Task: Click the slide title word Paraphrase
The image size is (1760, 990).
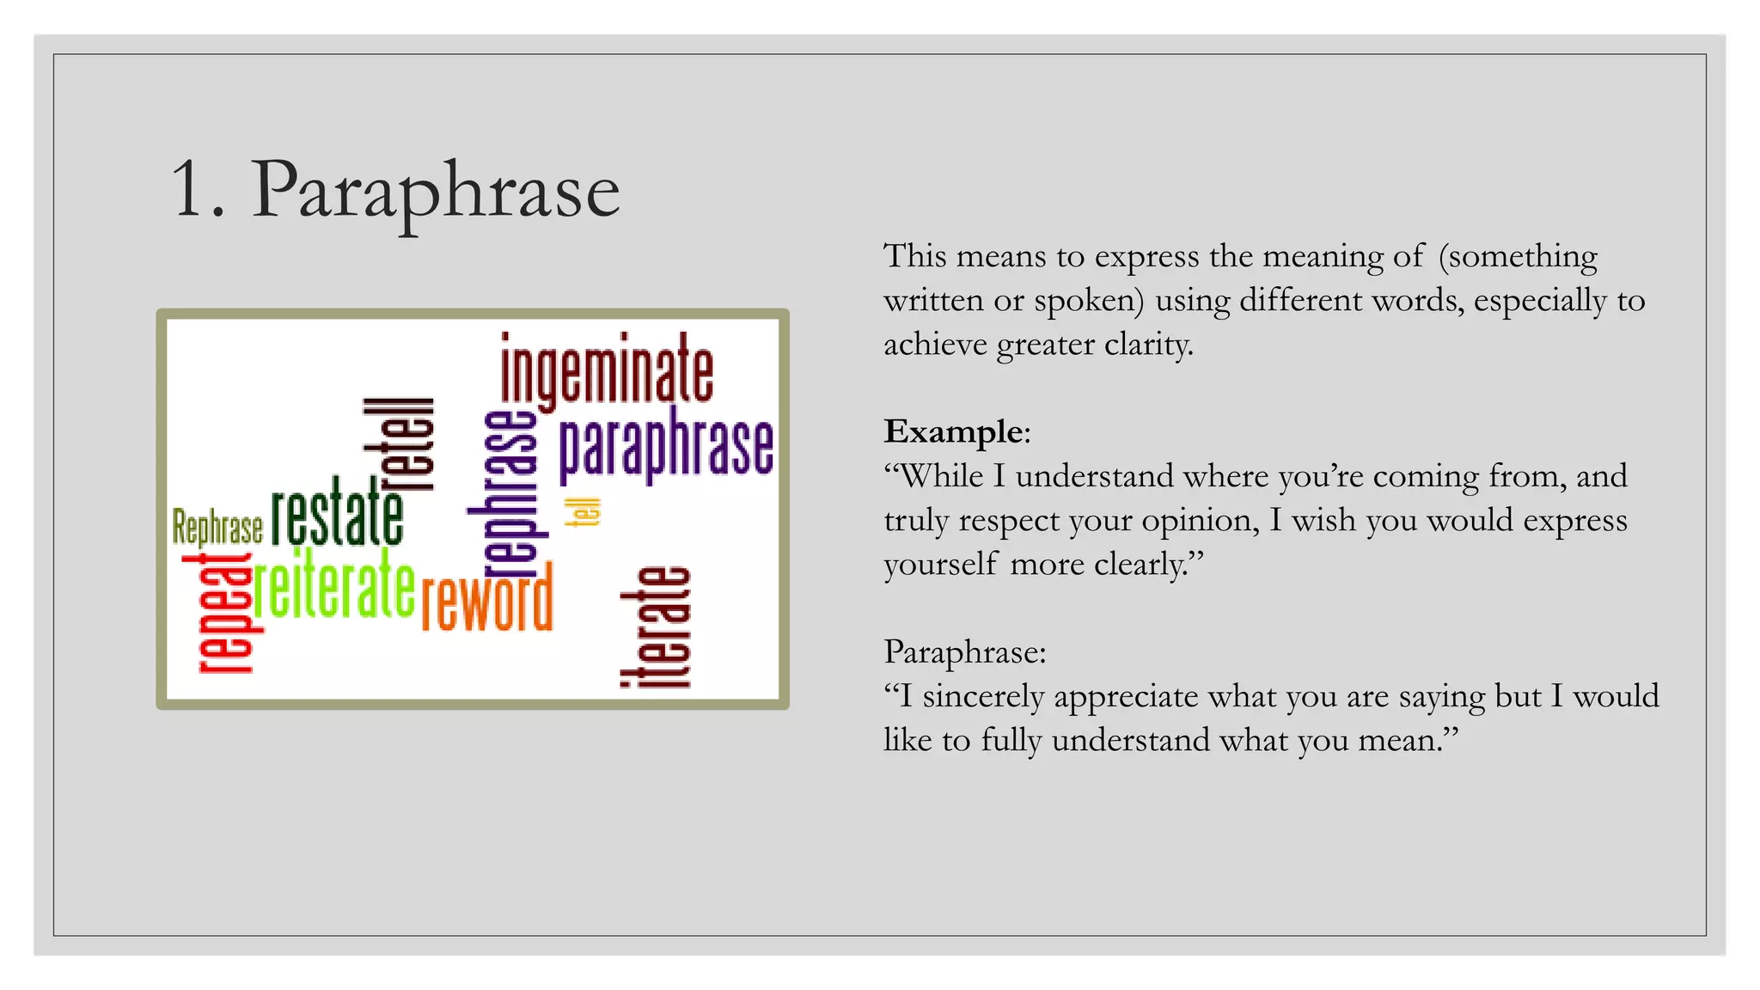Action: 435,191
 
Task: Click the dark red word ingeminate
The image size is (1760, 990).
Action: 607,372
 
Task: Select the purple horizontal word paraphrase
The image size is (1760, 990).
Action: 666,445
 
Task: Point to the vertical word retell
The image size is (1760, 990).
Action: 398,444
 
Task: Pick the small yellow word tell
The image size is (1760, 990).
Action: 583,512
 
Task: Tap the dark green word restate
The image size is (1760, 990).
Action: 338,513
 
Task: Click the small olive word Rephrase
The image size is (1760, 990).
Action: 217,527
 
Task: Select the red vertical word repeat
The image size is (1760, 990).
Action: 221,613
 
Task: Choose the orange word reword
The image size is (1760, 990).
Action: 486,599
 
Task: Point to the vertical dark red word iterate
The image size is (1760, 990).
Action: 656,627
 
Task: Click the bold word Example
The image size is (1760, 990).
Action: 953,431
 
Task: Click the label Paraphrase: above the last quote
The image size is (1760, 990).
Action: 964,652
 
